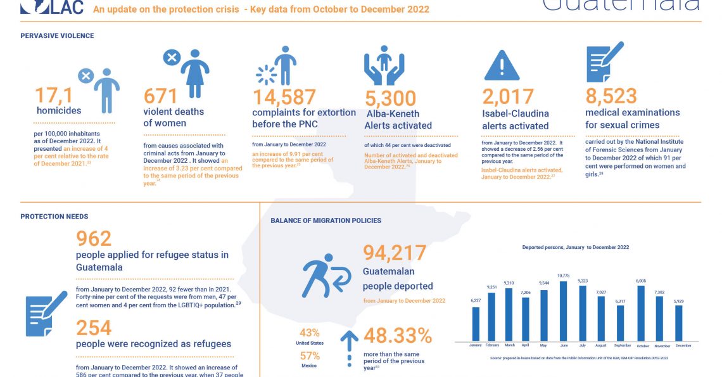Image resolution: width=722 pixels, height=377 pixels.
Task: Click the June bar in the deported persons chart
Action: click(563, 311)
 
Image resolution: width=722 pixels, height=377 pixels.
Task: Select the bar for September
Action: click(620, 323)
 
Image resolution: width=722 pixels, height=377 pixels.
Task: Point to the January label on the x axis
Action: click(475, 345)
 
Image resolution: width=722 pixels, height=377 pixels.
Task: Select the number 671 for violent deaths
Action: click(161, 96)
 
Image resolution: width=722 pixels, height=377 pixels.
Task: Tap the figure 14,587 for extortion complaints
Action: click(284, 97)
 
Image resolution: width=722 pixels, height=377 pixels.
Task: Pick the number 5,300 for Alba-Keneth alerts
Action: click(391, 98)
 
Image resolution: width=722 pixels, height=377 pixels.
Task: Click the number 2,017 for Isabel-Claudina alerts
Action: click(508, 97)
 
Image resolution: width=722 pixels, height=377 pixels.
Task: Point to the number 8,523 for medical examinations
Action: click(611, 96)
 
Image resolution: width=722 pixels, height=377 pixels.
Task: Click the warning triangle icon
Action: click(502, 65)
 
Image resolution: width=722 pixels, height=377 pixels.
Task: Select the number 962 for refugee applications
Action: click(94, 238)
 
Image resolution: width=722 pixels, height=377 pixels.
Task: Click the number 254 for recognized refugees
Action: click(94, 328)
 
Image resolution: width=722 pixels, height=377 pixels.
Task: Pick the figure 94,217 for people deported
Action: click(395, 253)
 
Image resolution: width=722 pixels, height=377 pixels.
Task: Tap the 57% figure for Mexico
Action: click(309, 355)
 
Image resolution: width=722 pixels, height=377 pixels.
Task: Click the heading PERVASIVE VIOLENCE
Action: click(57, 36)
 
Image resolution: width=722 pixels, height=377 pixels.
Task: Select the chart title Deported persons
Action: click(575, 247)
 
